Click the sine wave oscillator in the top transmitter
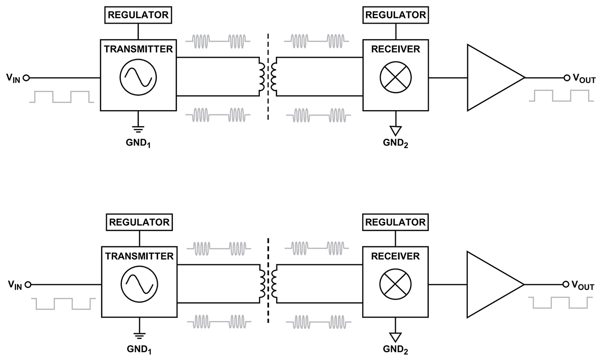[138, 77]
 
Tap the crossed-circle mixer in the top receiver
[395, 78]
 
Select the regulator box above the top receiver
[395, 15]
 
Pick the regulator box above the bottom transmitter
[139, 221]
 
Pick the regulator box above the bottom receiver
[395, 221]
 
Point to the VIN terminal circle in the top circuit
[26, 78]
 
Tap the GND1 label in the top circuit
[139, 142]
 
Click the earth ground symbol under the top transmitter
[139, 127]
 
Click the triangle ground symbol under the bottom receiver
[395, 336]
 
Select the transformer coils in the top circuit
[267, 78]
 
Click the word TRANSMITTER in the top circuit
[138, 49]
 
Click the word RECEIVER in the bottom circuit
[395, 256]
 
